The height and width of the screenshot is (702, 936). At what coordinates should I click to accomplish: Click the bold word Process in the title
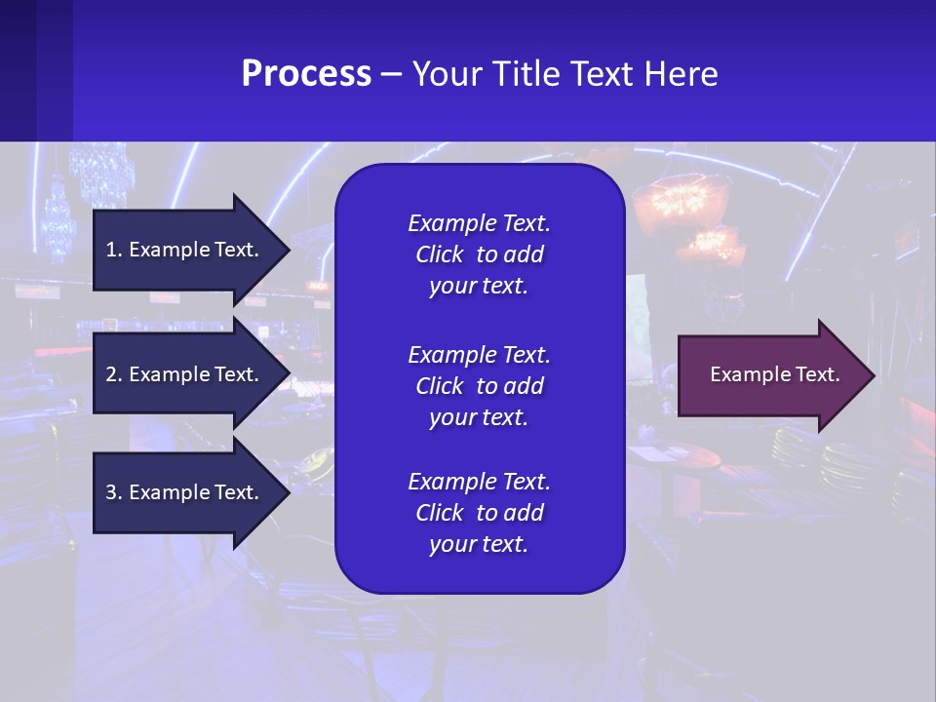point(306,74)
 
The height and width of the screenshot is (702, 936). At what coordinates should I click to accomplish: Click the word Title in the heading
point(526,74)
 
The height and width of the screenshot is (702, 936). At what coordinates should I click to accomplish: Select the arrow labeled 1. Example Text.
point(185,250)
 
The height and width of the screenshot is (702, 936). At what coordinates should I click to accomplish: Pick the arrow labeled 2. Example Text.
point(185,374)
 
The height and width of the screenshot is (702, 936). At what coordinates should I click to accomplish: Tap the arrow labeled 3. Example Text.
point(185,492)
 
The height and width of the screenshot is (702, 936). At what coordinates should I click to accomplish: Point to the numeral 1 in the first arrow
point(110,250)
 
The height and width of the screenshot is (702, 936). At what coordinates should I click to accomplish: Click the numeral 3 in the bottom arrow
point(110,492)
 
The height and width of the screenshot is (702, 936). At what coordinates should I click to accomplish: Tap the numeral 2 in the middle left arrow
point(110,374)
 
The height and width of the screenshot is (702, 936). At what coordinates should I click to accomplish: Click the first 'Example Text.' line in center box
point(479,223)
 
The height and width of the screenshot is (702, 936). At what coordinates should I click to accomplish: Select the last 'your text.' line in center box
point(479,544)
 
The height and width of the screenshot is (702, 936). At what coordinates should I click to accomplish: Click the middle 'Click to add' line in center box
point(479,386)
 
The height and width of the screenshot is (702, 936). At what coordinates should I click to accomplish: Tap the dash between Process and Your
point(392,74)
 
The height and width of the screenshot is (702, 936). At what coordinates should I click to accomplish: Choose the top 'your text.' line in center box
point(479,287)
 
